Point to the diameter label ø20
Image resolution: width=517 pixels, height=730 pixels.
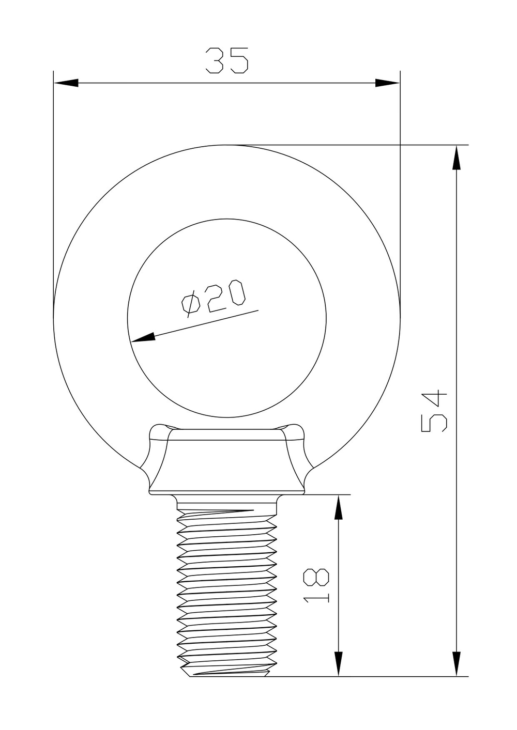(212, 298)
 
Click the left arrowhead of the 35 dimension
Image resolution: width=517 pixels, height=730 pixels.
(66, 83)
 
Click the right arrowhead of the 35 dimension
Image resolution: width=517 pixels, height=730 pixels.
(388, 83)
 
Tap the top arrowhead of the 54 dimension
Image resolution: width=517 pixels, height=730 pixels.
(455, 158)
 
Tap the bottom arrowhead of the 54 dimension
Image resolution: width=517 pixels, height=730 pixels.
(455, 663)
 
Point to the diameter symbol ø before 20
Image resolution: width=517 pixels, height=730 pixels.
(190, 304)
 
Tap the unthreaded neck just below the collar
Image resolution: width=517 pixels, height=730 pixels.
(226, 501)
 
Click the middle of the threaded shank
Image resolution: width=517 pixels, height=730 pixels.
(226, 589)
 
